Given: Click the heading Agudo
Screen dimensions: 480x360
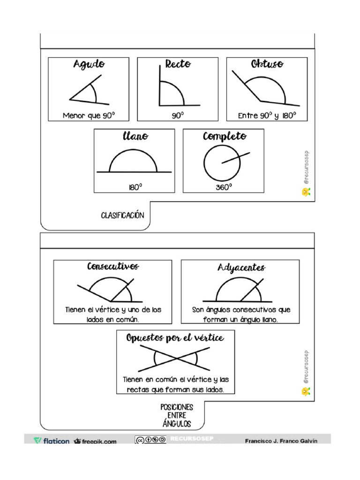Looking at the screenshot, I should [x=89, y=64].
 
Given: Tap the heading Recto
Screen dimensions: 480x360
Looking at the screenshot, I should [x=178, y=64].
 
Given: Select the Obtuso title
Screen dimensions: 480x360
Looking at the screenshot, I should [x=267, y=64].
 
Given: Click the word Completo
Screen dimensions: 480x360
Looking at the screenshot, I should [x=225, y=136].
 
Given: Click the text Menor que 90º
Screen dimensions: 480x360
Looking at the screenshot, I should [x=89, y=115].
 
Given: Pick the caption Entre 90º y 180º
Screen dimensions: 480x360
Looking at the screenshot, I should [x=267, y=115].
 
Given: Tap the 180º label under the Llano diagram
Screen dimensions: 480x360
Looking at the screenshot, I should [x=135, y=187].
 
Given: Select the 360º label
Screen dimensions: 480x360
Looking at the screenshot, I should [x=224, y=187].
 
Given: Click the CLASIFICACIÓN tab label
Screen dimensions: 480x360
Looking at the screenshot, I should [x=122, y=216].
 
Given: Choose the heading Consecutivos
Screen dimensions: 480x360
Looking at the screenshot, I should [x=113, y=266].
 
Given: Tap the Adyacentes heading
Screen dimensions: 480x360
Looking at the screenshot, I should [x=241, y=267].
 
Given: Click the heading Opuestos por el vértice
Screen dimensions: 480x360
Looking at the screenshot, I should [x=175, y=338].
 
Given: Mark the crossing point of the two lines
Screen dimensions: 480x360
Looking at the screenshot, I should [x=176, y=358].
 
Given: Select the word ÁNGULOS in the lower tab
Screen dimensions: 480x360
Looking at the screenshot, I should [x=177, y=424].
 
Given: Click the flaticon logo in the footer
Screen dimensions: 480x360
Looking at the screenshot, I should [x=52, y=441].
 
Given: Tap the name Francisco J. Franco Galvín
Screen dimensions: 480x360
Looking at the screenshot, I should [x=281, y=441].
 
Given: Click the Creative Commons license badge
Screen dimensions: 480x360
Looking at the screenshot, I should [x=150, y=440].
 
